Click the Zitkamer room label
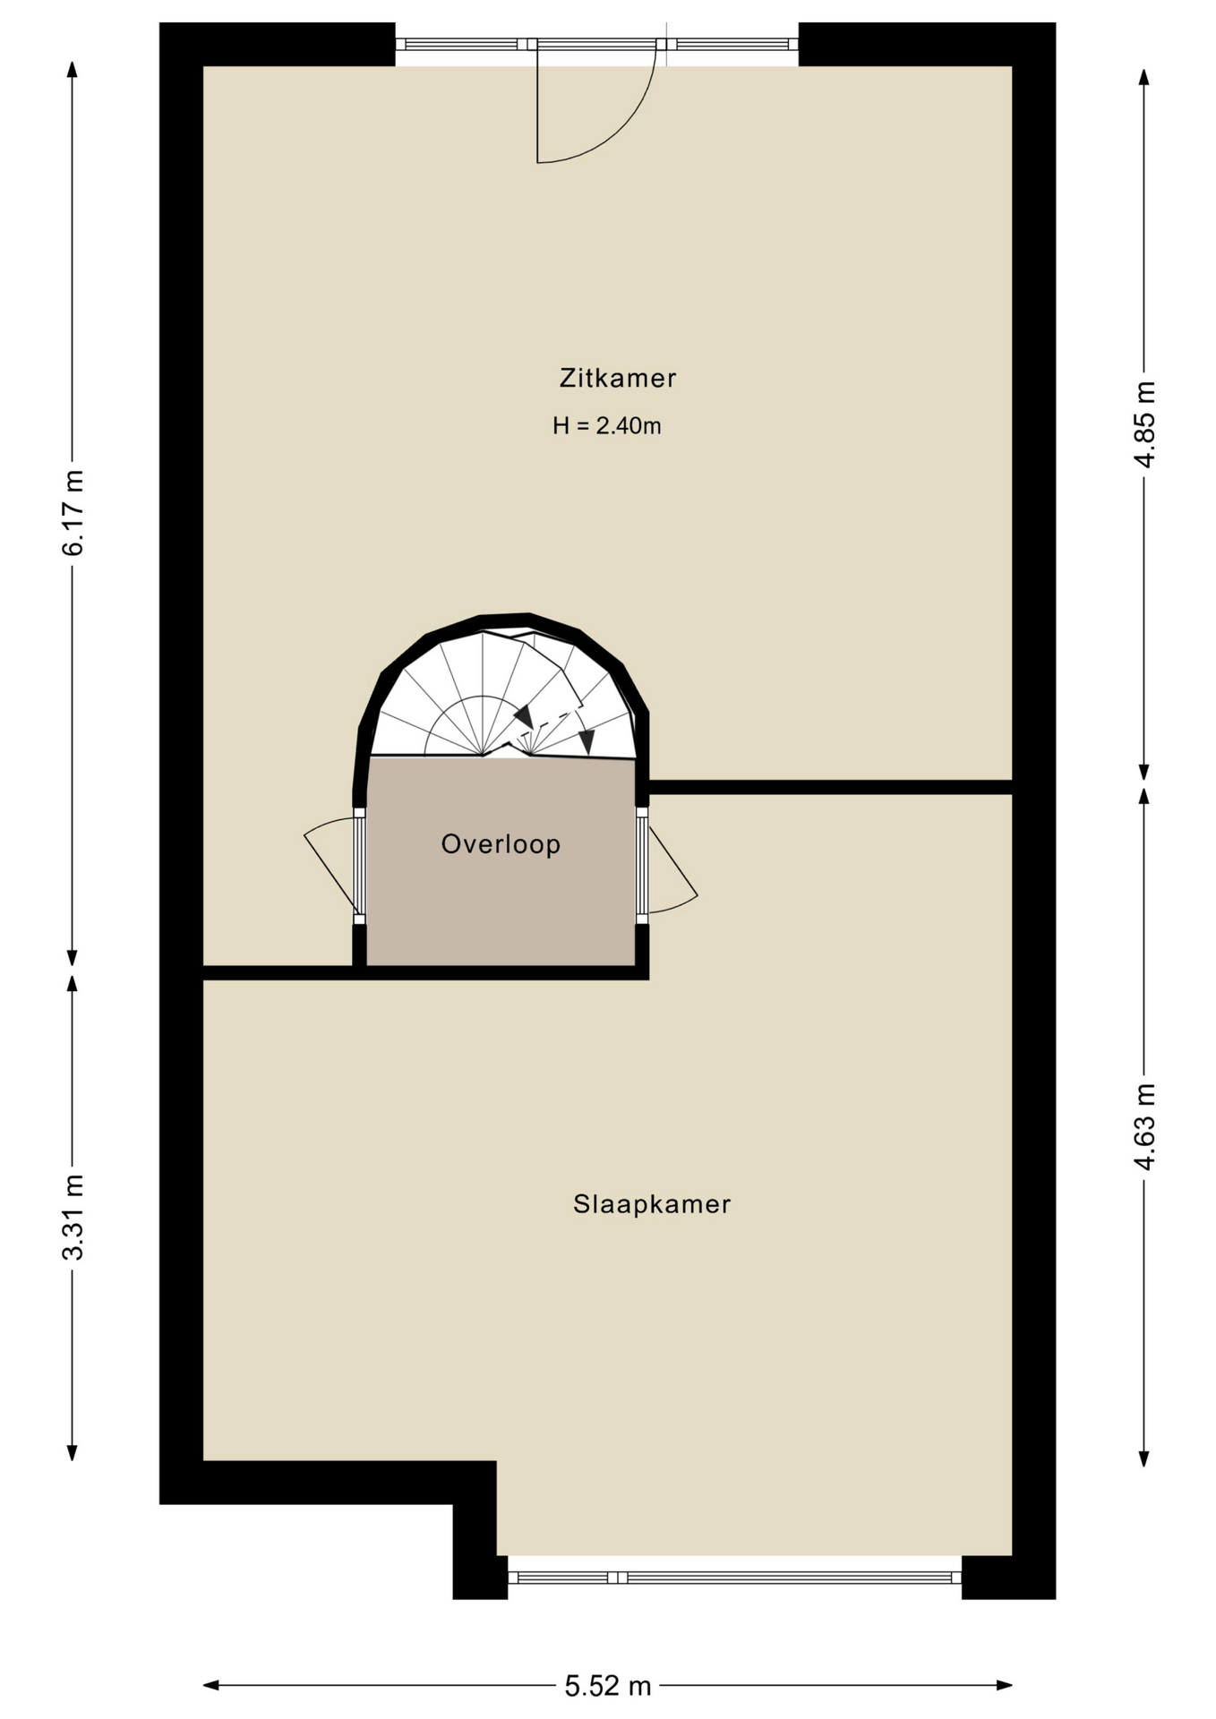(617, 379)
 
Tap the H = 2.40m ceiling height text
(607, 426)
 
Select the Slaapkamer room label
(652, 1205)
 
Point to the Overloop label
(501, 844)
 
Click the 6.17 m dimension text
(73, 512)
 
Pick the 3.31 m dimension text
(73, 1217)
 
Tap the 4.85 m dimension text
(1144, 424)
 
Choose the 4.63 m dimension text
(1144, 1126)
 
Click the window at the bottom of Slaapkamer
(734, 1578)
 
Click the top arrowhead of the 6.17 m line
(73, 70)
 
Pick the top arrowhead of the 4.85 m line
(1143, 77)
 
